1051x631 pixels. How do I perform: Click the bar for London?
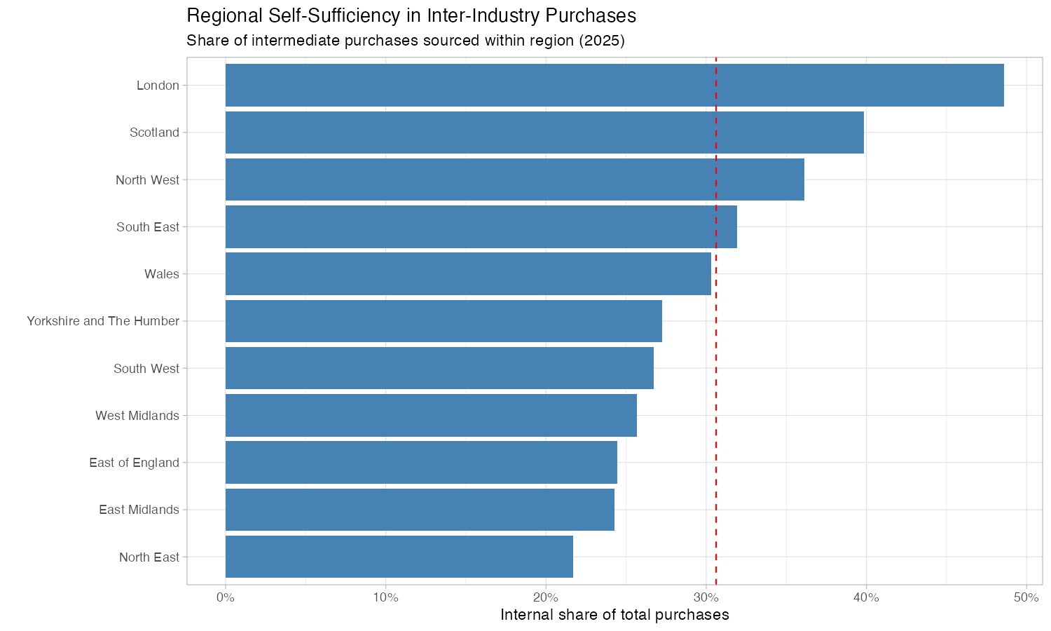614,86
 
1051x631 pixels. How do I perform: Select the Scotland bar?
544,133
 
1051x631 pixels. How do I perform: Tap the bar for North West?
514,179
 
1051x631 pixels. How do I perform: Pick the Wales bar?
468,274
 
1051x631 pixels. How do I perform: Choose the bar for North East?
399,557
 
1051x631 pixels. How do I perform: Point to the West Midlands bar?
431,416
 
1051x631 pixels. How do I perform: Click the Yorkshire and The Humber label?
103,321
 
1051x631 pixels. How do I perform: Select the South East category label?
148,227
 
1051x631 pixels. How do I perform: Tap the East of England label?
134,463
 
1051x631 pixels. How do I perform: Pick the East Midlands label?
139,510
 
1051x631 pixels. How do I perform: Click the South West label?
146,369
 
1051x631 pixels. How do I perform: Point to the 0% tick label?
225,597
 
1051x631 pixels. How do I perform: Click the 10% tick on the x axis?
385,597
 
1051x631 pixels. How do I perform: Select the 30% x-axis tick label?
706,597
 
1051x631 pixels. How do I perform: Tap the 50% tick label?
1026,597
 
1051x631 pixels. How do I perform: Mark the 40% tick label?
866,597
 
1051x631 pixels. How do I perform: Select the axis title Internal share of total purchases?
614,616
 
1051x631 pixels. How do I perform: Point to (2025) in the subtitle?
600,41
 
